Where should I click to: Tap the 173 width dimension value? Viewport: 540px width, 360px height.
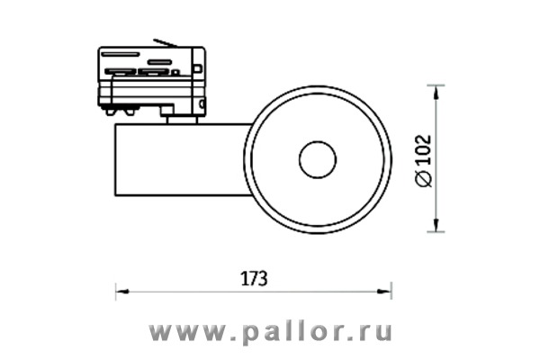point(254,278)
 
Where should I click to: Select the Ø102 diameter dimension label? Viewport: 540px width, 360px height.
point(424,161)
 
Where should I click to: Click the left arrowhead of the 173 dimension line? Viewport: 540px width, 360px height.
point(122,292)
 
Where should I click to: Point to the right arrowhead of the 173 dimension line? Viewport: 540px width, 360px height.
point(384,292)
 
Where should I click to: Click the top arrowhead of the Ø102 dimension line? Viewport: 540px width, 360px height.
point(436,92)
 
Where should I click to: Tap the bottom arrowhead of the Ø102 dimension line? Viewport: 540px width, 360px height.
point(436,225)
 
